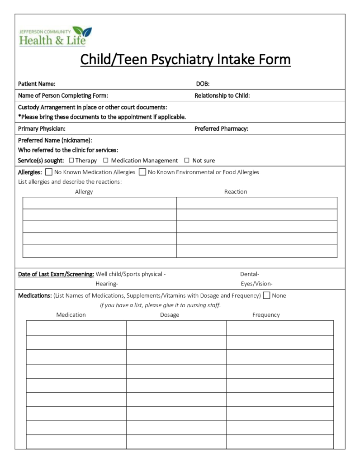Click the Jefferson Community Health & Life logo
click(55, 36)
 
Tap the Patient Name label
click(37, 84)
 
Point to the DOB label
click(203, 84)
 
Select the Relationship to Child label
click(222, 95)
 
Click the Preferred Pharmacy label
click(221, 128)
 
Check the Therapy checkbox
click(71, 160)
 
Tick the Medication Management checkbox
click(106, 160)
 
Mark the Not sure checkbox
click(187, 160)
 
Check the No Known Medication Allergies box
click(49, 172)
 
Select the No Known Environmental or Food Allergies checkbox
click(142, 172)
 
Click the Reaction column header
click(236, 191)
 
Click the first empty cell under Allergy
click(99, 203)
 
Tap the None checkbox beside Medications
click(267, 295)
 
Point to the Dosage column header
click(170, 314)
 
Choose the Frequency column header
click(266, 314)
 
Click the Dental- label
click(250, 274)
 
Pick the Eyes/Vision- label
click(256, 284)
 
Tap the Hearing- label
click(107, 284)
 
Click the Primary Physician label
click(42, 128)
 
